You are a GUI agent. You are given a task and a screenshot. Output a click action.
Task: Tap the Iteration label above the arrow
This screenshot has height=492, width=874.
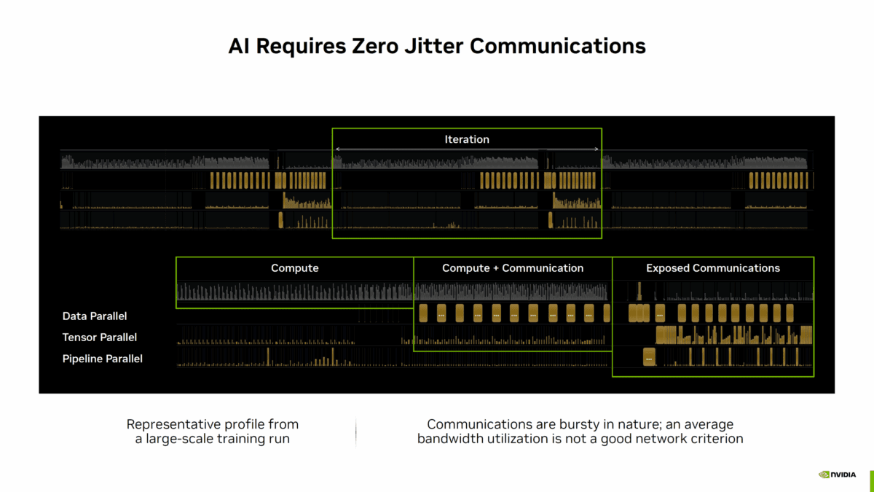(467, 139)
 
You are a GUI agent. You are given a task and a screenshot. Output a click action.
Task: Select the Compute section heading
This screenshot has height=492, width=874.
(294, 268)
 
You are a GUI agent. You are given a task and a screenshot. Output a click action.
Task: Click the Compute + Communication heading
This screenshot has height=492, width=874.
(513, 268)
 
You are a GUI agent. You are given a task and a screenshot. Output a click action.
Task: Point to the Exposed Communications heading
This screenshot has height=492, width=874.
(712, 268)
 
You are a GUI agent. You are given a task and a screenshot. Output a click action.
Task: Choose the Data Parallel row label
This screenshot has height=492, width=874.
(95, 316)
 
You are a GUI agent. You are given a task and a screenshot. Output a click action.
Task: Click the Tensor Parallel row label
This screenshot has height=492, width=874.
(100, 337)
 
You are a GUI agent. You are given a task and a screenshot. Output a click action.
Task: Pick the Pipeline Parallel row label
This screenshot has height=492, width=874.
(103, 359)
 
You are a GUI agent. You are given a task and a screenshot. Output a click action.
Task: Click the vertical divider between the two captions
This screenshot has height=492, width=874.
(356, 432)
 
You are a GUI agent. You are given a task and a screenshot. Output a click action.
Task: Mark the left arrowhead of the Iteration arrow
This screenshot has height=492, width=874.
(336, 149)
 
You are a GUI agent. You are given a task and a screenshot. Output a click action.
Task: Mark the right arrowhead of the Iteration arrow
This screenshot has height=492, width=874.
(598, 149)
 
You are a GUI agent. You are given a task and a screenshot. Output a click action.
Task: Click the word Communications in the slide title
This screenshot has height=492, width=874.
(557, 46)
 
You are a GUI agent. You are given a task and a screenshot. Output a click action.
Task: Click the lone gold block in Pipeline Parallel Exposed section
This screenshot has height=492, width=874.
(649, 357)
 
